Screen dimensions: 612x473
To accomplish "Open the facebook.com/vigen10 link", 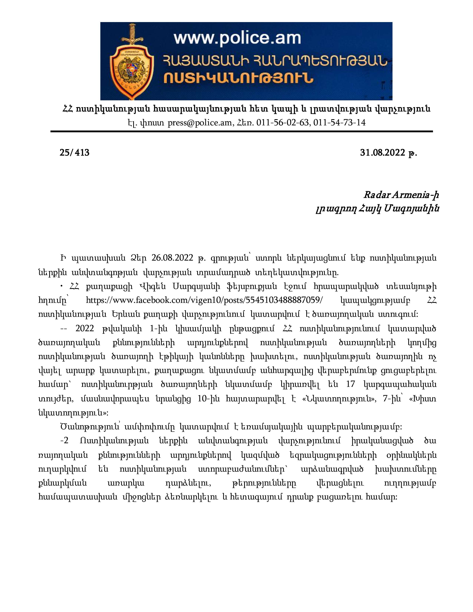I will tap(204, 300).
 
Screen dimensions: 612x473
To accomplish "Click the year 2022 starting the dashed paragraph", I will tap(85, 328).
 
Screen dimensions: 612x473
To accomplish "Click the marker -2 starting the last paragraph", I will tap(64, 440).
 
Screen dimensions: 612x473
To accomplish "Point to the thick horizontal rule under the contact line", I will tap(242, 131).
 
